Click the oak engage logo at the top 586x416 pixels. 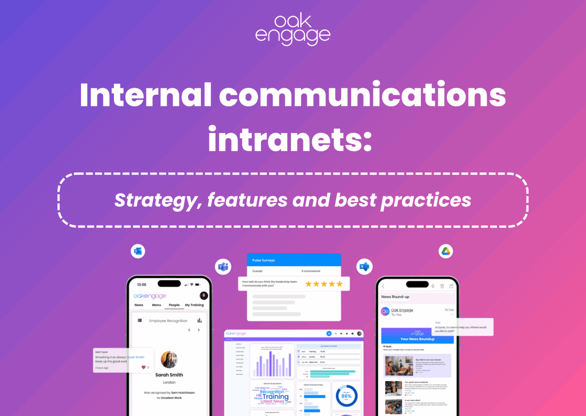(x=292, y=30)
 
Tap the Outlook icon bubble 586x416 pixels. (x=138, y=252)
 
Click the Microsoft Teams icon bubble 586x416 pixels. (x=223, y=267)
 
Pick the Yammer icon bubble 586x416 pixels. (x=364, y=267)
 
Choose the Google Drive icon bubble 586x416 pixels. (x=445, y=251)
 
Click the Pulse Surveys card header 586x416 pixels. (x=294, y=261)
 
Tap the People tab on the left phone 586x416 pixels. (x=174, y=305)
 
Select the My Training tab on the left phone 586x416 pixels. (x=194, y=305)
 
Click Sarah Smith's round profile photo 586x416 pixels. (x=169, y=360)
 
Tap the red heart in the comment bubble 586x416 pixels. (x=143, y=367)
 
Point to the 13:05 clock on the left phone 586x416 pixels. (x=141, y=285)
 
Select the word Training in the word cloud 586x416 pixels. (x=276, y=396)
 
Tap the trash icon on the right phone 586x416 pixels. (x=451, y=286)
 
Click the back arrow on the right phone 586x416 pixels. (x=383, y=286)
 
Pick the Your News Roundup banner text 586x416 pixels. (x=417, y=338)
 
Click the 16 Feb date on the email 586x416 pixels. (x=449, y=310)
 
